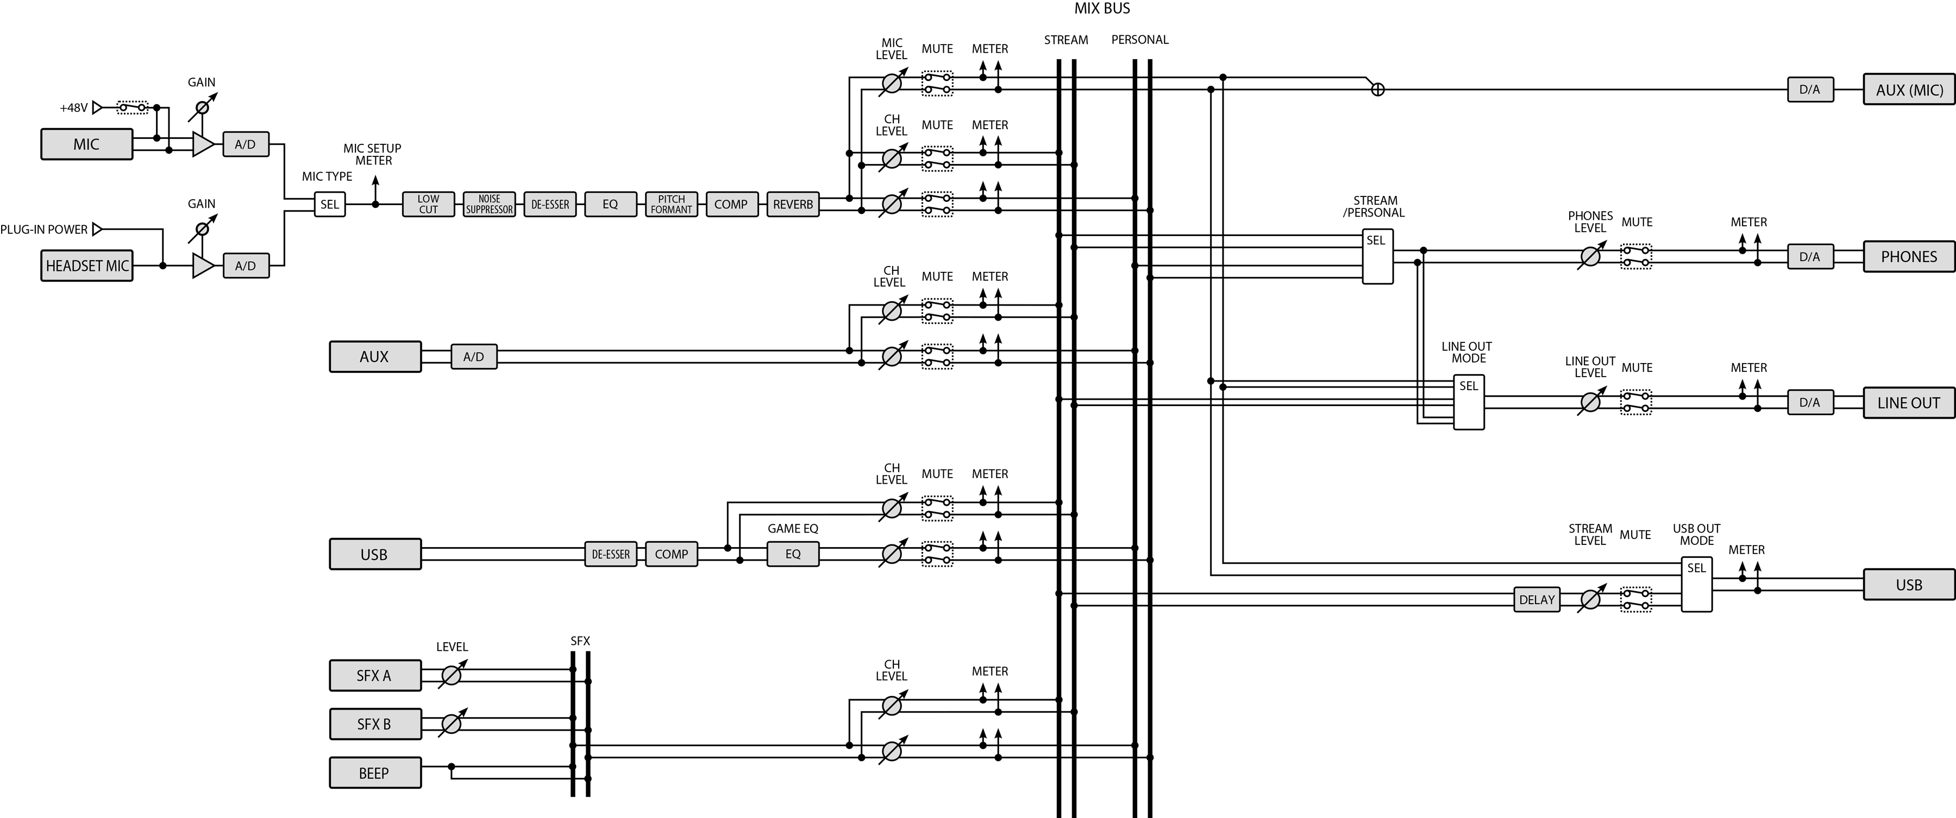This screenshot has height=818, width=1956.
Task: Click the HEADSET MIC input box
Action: pos(86,265)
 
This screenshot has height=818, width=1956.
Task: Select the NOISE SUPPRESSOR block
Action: pos(489,204)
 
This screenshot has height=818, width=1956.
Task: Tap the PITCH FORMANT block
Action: pos(671,204)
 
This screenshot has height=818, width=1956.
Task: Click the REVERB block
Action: pos(793,204)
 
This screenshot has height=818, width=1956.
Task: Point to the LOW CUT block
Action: pos(428,204)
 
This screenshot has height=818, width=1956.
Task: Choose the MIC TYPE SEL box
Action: pos(330,204)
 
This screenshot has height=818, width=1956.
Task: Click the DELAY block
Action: pos(1537,599)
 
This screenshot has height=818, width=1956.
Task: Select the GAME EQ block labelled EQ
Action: pos(793,554)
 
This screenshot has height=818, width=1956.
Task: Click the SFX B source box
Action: pos(374,724)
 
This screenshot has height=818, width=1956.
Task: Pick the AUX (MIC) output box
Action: pos(1909,90)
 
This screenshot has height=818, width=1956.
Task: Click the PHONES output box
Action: pos(1909,257)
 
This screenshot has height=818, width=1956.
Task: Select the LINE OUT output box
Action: pos(1909,402)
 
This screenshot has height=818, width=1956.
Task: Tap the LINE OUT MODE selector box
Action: pos(1469,402)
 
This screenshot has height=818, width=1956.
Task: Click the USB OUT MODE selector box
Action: pos(1696,584)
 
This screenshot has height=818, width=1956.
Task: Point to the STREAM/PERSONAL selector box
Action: pos(1377,257)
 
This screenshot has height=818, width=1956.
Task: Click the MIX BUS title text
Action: pos(1102,8)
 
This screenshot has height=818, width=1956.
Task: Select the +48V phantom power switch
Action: pos(132,108)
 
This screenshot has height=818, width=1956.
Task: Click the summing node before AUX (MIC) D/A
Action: pos(1377,90)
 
